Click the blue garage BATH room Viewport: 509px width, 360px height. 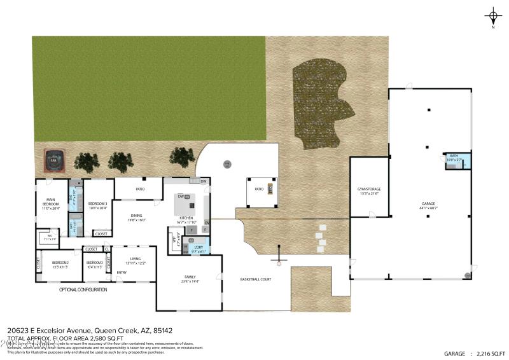tap(457, 160)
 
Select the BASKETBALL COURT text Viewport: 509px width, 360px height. tap(256, 279)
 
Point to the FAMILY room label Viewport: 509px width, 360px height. tap(190, 279)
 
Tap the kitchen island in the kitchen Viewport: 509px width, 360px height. tap(193, 205)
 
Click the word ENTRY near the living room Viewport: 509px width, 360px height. tap(121, 273)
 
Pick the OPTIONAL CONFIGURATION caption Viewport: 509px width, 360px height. tap(83, 289)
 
